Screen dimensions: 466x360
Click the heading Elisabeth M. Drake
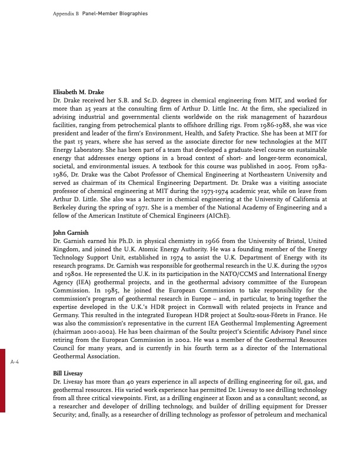point(79,92)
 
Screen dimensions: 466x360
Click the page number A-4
point(16,363)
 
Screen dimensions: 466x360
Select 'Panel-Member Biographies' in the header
point(115,12)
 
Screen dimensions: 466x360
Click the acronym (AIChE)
point(218,217)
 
